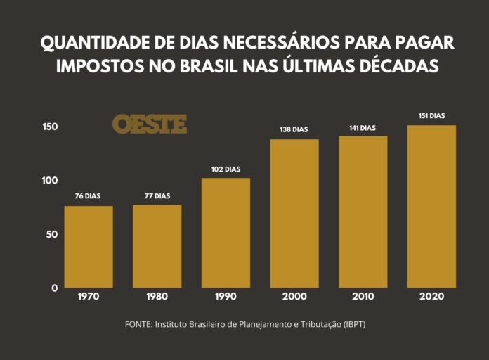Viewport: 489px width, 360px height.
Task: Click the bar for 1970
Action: [89, 246]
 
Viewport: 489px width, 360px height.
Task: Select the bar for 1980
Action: [157, 246]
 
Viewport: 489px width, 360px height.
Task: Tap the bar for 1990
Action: [226, 233]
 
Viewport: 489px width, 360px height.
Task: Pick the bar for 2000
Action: [294, 213]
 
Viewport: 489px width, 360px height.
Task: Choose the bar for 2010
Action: [363, 212]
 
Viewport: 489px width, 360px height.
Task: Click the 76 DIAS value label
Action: [89, 196]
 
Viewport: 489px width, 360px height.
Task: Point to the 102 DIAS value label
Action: [226, 169]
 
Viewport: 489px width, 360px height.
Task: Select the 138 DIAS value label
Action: [294, 130]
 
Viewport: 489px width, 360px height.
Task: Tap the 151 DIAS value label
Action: [431, 116]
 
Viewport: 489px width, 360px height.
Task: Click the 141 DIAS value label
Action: [363, 128]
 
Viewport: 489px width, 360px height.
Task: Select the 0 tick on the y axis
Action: [53, 288]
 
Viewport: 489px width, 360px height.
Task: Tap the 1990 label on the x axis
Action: [226, 297]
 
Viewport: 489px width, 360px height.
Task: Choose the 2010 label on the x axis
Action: [363, 297]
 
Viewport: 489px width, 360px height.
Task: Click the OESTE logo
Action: [150, 124]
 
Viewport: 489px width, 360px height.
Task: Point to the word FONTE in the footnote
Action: [138, 325]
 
